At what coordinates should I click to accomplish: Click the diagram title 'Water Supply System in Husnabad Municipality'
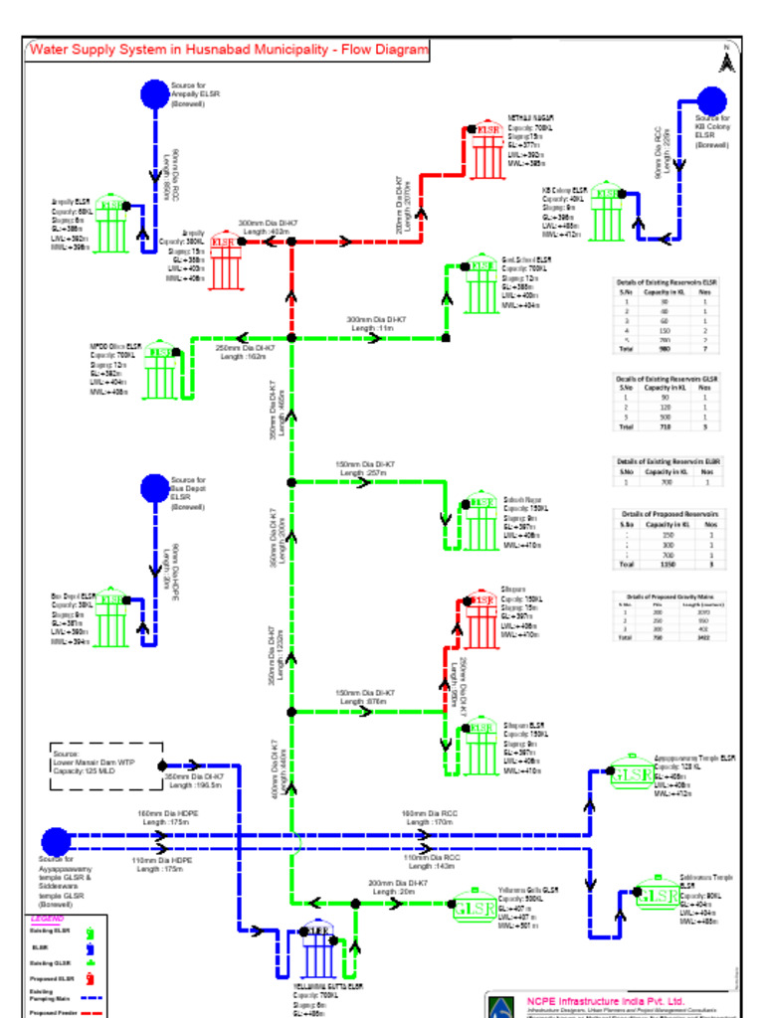coord(229,50)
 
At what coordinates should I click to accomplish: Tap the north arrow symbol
coord(727,61)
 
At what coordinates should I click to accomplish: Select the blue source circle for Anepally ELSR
coord(154,93)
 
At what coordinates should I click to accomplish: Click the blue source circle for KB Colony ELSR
coord(711,100)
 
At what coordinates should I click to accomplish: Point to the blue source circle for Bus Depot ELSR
coord(154,488)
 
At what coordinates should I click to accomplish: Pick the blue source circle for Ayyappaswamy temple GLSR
coord(56,842)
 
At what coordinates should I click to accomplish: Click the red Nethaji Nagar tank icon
coord(487,150)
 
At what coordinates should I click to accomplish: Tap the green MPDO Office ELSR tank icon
coord(160,371)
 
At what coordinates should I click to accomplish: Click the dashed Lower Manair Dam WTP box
coord(105,765)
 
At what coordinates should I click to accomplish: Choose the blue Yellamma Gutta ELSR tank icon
coord(317,948)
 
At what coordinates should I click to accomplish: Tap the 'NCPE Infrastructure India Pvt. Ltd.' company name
coord(606,1000)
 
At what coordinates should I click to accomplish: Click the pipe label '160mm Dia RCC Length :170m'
coord(429,817)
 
